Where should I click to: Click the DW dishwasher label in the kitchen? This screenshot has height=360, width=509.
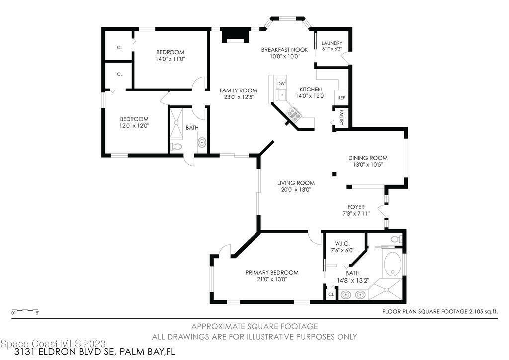pos(281,84)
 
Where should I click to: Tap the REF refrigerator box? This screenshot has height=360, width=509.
pos(341,98)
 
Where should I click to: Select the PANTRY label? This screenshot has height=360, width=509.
pos(341,117)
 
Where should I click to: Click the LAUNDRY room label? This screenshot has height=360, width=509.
pos(332,43)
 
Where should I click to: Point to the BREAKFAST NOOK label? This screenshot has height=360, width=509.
pos(285,50)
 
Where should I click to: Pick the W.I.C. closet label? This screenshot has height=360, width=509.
pos(342,243)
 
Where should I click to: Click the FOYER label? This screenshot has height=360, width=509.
pos(356,207)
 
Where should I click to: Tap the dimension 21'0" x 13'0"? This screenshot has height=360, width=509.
pos(272,279)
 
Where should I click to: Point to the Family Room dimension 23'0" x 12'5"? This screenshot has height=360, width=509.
pos(238,97)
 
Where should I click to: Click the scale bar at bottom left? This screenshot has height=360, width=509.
pos(25,311)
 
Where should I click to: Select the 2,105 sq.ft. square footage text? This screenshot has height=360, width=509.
pos(483,312)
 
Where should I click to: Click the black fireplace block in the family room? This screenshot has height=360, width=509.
pos(236,35)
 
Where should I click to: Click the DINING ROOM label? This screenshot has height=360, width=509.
pos(368,158)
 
